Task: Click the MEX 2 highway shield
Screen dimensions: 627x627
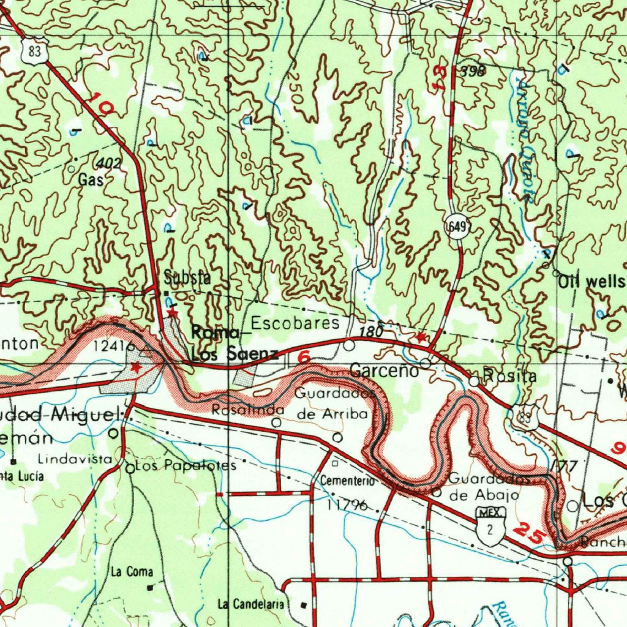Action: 489,524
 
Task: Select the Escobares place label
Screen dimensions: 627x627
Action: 295,323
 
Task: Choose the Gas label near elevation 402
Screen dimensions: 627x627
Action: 88,180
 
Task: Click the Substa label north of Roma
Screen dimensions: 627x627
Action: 187,277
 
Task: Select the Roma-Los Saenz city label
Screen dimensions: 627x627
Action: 234,343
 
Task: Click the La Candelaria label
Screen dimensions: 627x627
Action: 251,605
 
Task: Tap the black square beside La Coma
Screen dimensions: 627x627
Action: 151,587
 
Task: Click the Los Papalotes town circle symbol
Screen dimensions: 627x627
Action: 130,468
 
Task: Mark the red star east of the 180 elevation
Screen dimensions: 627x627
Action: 421,337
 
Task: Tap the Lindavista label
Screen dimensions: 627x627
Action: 75,459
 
